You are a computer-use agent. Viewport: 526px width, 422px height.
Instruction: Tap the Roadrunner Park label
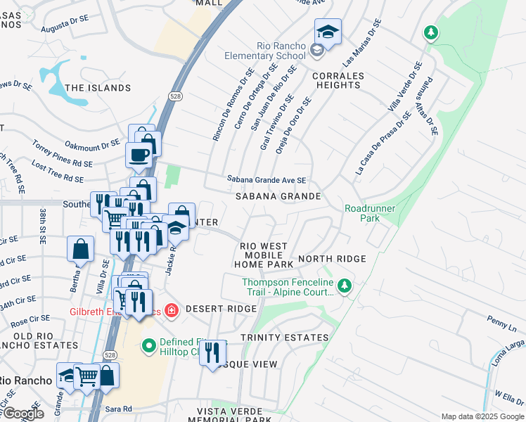click(x=370, y=213)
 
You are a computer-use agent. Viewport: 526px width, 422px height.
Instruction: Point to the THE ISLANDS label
click(x=98, y=88)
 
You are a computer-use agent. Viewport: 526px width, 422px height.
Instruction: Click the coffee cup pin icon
click(x=138, y=155)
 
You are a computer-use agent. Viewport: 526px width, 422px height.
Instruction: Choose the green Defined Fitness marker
click(x=148, y=345)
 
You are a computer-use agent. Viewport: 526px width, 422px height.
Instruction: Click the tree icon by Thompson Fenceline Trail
click(x=344, y=286)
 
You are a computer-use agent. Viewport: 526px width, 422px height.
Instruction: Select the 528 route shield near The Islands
click(x=175, y=96)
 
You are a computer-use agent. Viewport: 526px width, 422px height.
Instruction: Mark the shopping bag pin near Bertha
click(x=81, y=248)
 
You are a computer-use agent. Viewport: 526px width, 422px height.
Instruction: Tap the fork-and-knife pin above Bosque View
click(x=212, y=352)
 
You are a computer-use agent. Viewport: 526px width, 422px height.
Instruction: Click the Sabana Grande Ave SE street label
click(x=266, y=180)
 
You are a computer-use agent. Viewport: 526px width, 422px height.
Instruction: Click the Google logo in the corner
click(x=23, y=414)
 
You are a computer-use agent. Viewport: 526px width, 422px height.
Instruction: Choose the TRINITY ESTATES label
click(x=284, y=338)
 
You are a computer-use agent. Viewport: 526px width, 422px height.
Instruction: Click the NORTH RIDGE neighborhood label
click(x=332, y=259)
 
